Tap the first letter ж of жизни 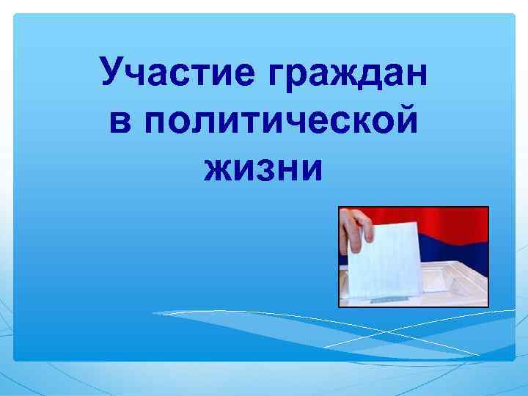coord(219,169)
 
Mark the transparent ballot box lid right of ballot coord(455,282)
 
